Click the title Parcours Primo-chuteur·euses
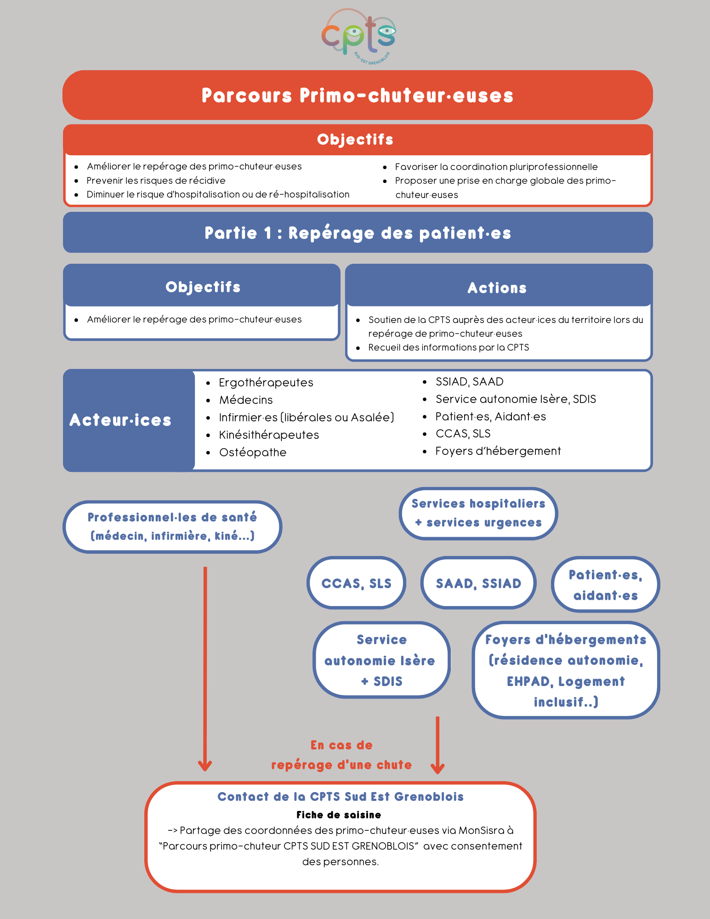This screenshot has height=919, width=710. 358,96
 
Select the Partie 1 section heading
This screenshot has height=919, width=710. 358,233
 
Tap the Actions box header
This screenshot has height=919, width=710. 498,288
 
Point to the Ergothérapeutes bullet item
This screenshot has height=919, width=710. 266,383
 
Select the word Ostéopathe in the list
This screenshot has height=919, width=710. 253,453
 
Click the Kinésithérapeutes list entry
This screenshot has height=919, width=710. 269,435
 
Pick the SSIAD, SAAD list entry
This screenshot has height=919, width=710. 469,382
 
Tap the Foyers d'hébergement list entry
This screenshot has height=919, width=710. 498,451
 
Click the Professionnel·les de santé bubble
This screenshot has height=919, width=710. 172,527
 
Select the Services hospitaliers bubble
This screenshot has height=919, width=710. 478,513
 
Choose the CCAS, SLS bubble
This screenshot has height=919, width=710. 356,583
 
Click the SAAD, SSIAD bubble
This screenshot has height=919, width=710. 478,583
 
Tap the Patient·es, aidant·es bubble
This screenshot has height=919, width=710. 605,584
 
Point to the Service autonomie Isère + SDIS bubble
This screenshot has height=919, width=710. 381,660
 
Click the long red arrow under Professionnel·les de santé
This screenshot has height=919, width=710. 205,666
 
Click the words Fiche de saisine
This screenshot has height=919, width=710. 339,815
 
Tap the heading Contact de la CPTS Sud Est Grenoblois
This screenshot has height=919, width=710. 341,797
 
